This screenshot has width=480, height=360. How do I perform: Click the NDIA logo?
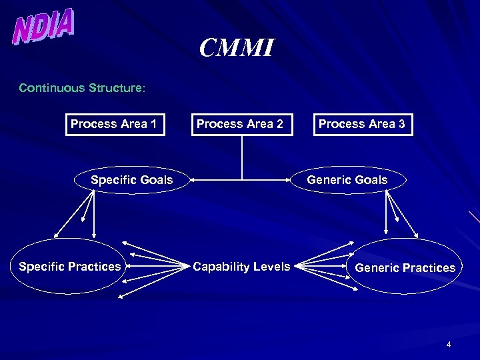(44, 27)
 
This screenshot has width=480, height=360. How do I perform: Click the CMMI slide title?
(237, 48)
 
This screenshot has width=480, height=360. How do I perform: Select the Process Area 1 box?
(115, 124)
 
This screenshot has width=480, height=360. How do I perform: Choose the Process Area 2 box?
(241, 124)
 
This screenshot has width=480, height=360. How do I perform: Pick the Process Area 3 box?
(363, 124)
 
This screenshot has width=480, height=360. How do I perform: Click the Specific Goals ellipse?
(132, 180)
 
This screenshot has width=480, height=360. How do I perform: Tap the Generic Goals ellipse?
(347, 180)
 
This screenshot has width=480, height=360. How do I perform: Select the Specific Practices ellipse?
(70, 267)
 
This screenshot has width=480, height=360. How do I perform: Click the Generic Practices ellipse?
(405, 267)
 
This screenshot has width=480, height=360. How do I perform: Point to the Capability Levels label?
(241, 267)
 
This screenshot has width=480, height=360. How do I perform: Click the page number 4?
(449, 345)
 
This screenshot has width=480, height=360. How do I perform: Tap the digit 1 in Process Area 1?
(154, 124)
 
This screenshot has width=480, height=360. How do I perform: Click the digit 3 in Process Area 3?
(401, 124)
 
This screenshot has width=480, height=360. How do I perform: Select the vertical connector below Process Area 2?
(242, 157)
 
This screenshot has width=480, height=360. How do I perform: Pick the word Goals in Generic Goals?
(371, 180)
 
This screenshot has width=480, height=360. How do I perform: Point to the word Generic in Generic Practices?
(376, 268)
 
